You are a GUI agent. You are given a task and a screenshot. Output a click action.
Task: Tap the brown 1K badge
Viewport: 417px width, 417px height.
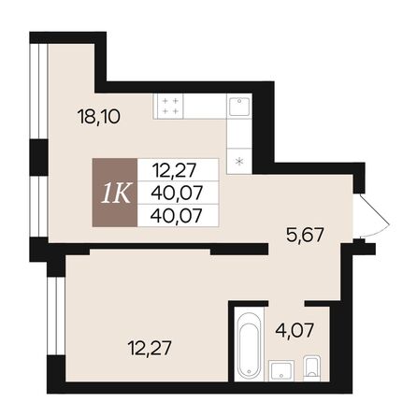tap(112, 193)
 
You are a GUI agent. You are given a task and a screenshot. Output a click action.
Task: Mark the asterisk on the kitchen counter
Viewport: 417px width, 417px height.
tap(241, 161)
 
